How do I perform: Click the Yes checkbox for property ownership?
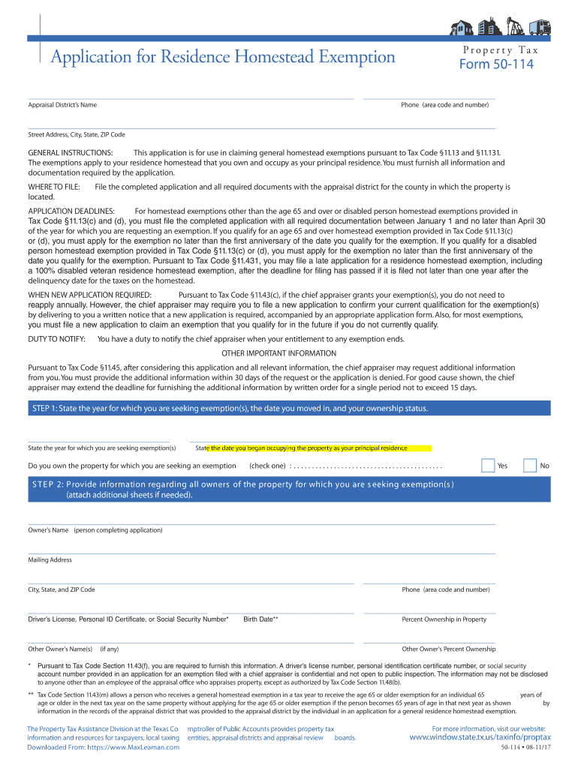click(488, 466)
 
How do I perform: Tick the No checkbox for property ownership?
click(530, 466)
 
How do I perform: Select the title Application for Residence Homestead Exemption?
click(223, 57)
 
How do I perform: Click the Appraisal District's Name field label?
click(62, 105)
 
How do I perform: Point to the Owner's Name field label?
click(95, 530)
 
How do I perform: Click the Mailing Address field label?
click(50, 560)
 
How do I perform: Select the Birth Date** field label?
click(260, 619)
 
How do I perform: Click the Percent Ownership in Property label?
click(444, 619)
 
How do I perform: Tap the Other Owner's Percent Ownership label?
click(448, 649)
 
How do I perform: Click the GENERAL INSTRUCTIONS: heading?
click(71, 153)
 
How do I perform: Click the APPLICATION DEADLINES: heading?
click(71, 211)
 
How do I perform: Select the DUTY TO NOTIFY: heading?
click(56, 339)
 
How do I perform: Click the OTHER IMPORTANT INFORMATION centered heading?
click(278, 353)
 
